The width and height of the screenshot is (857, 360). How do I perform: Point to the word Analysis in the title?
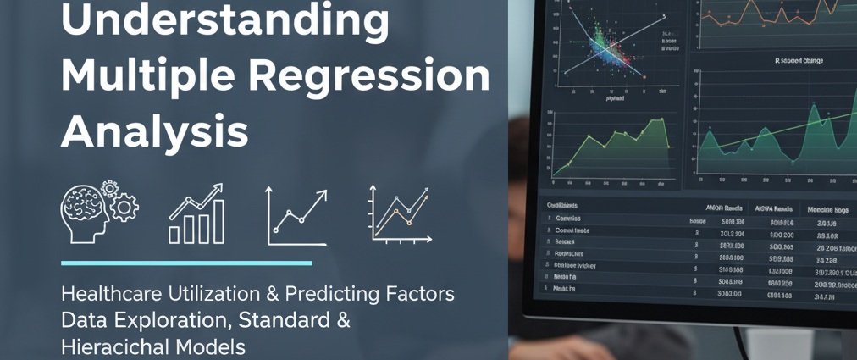pyautogui.click(x=155, y=133)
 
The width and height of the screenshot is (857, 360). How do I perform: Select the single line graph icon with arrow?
pyautogui.click(x=297, y=215)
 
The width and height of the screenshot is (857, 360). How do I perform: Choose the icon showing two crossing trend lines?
pyautogui.click(x=398, y=215)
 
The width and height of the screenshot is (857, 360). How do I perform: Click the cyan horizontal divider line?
pyautogui.click(x=185, y=263)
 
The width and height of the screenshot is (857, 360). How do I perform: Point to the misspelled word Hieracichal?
pyautogui.click(x=119, y=346)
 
